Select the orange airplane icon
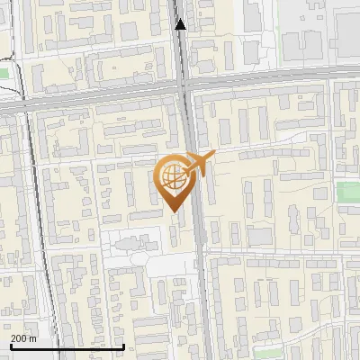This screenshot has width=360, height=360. (x=200, y=163)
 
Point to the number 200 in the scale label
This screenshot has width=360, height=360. (x=19, y=338)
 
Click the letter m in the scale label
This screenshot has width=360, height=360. (x=33, y=338)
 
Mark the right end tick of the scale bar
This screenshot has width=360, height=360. (x=123, y=345)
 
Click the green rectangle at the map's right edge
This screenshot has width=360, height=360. (x=348, y=193)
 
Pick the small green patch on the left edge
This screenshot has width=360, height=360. (x=4, y=73)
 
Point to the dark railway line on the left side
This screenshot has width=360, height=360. (x=36, y=225)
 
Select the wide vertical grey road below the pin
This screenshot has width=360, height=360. (x=201, y=288)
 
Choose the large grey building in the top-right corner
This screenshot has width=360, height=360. (x=346, y=36)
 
